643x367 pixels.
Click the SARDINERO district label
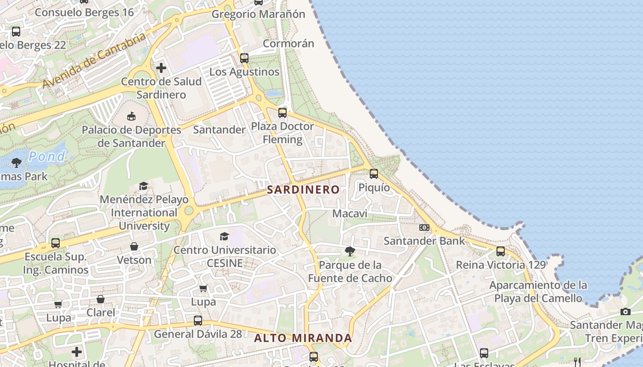[304, 189]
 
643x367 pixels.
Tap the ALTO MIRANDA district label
[303, 338]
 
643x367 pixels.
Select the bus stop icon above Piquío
[374, 174]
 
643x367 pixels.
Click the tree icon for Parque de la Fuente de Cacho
[350, 251]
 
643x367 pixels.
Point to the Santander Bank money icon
[424, 228]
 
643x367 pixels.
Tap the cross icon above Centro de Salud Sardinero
[161, 68]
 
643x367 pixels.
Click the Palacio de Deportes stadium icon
[131, 116]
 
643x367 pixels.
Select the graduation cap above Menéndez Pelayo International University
[144, 186]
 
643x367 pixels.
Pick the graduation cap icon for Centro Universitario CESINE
[225, 236]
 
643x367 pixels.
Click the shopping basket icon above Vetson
[134, 246]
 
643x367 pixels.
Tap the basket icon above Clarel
[101, 299]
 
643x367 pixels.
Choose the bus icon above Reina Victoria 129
[501, 251]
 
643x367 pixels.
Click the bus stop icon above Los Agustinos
[244, 58]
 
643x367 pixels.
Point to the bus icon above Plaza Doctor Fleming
[282, 112]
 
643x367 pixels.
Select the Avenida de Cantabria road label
[94, 60]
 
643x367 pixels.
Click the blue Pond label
[47, 156]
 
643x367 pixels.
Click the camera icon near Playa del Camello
[626, 312]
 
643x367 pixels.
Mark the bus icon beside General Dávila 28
[198, 321]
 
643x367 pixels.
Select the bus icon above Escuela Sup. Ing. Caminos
[56, 243]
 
